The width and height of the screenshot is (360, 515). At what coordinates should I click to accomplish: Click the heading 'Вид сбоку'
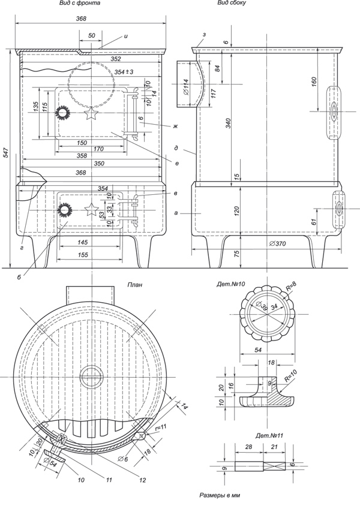(x=232, y=4)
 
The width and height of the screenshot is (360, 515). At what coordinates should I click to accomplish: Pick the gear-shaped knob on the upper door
(x=62, y=113)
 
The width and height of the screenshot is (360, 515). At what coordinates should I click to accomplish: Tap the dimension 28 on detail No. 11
(x=247, y=448)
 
